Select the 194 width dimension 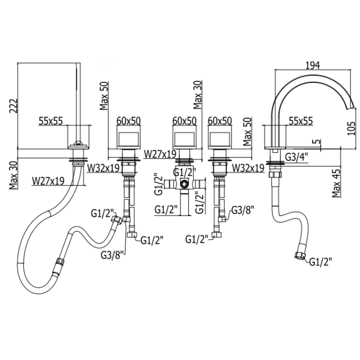(x=313, y=65)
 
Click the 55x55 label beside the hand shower (x=51, y=121)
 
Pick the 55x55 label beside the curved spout (x=301, y=121)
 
